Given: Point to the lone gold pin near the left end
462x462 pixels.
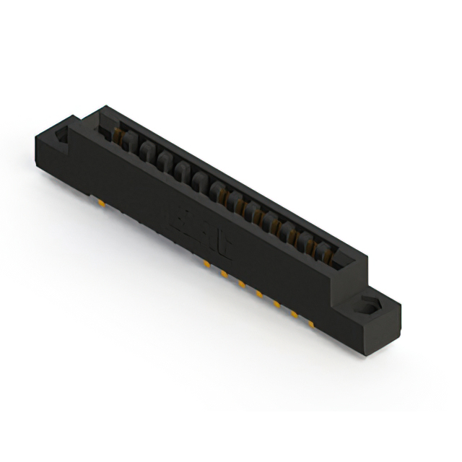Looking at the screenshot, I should (x=103, y=204).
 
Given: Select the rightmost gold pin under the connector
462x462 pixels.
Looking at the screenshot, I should (x=311, y=323).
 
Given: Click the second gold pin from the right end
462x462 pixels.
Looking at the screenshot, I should (x=294, y=314).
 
